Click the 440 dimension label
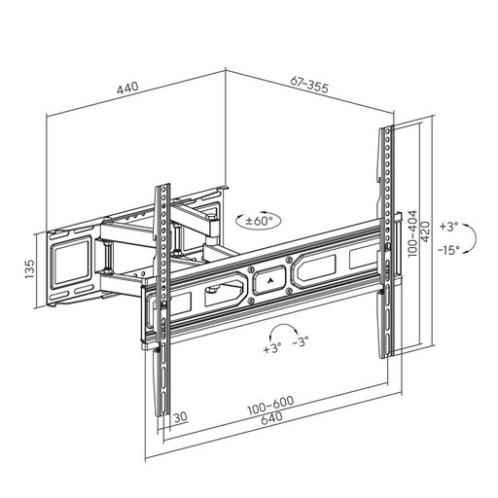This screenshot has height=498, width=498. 127,88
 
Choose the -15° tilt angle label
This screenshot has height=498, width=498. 448,249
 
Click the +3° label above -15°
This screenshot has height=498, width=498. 448,226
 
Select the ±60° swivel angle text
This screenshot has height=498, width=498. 262,221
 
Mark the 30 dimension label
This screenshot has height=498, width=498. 181,418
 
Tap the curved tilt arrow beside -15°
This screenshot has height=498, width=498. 469,237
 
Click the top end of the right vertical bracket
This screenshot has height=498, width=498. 385,130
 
